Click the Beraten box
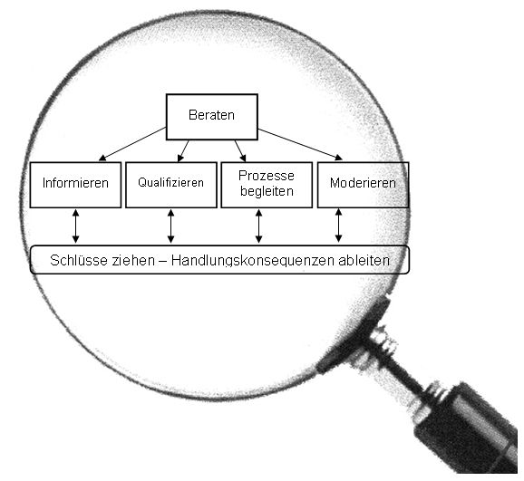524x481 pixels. point(212,117)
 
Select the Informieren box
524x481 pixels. point(75,185)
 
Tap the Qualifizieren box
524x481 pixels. point(171,185)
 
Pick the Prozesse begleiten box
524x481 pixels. point(267,185)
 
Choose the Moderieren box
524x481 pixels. point(363,185)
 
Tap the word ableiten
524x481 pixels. point(364,260)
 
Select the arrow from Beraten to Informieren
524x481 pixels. point(132,144)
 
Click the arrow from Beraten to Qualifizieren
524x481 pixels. point(183,151)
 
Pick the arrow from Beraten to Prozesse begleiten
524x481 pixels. point(240,151)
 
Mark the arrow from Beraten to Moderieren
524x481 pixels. point(300,144)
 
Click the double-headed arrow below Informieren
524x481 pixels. point(75,226)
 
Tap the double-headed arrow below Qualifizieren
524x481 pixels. point(170,226)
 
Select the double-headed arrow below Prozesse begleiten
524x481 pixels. point(258,226)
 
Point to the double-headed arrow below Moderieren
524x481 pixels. point(338,226)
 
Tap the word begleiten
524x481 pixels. point(267,191)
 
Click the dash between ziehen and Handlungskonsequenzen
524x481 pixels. point(163,261)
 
